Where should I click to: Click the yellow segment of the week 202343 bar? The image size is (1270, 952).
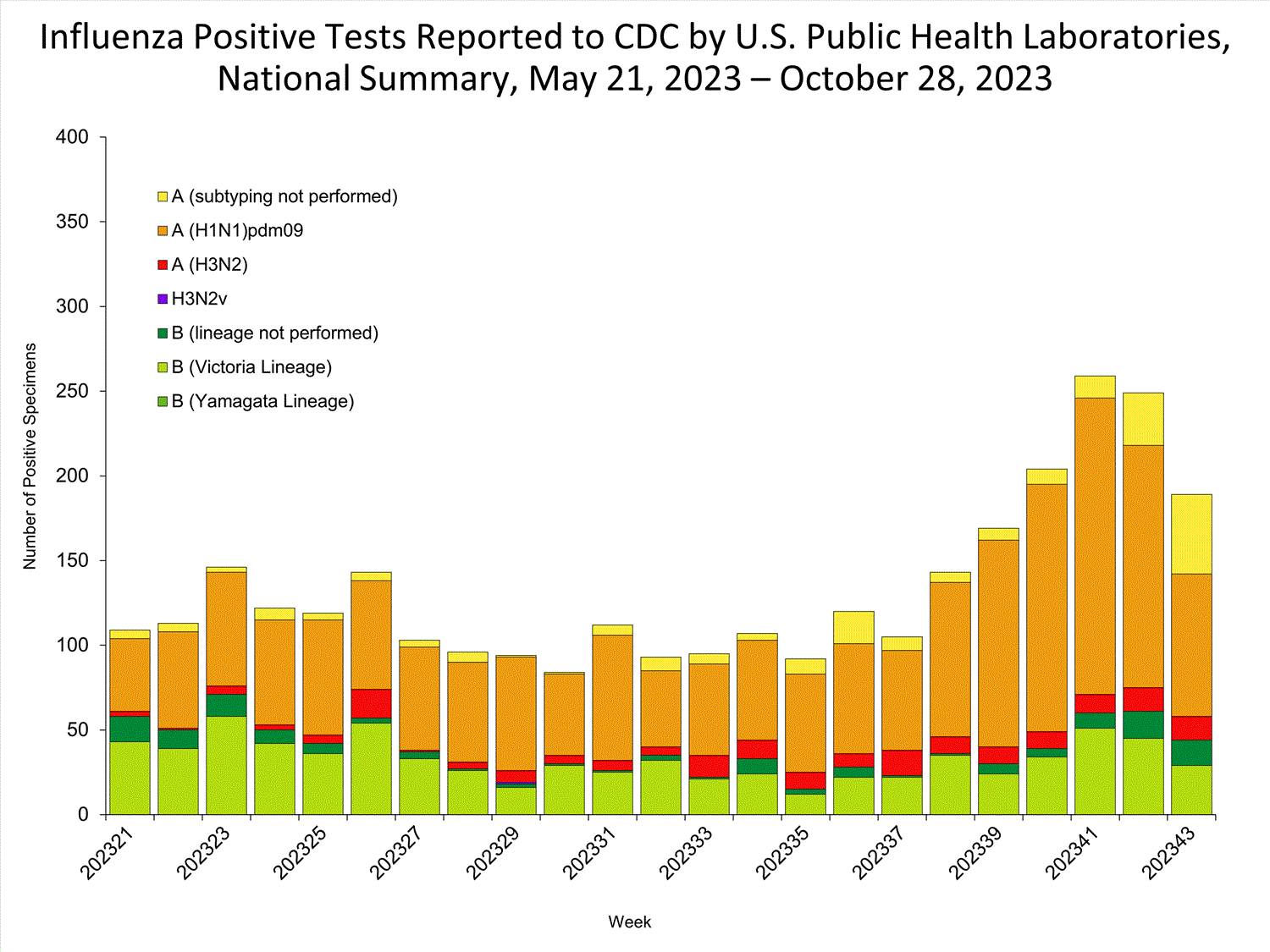pyautogui.click(x=1190, y=534)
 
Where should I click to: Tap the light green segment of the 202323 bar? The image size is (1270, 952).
pyautogui.click(x=226, y=765)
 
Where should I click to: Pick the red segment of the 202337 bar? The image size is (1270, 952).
pyautogui.click(x=902, y=763)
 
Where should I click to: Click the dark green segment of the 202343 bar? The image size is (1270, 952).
pyautogui.click(x=1190, y=752)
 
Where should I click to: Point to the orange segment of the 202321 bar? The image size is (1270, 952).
pyautogui.click(x=130, y=674)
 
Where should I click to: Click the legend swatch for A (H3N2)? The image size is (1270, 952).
pyautogui.click(x=163, y=265)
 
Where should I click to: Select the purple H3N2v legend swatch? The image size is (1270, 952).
pyautogui.click(x=163, y=299)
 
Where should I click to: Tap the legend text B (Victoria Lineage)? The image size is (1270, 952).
pyautogui.click(x=251, y=367)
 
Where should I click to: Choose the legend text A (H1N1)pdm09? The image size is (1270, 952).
pyautogui.click(x=237, y=231)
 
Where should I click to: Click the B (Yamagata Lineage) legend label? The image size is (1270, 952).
pyautogui.click(x=262, y=401)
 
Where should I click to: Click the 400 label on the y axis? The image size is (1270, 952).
pyautogui.click(x=72, y=137)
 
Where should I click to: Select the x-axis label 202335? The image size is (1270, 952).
pyautogui.click(x=784, y=854)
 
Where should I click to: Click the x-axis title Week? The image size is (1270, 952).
pyautogui.click(x=630, y=922)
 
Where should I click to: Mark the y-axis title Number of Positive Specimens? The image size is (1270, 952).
pyautogui.click(x=30, y=456)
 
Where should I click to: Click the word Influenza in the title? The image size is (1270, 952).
pyautogui.click(x=113, y=37)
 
